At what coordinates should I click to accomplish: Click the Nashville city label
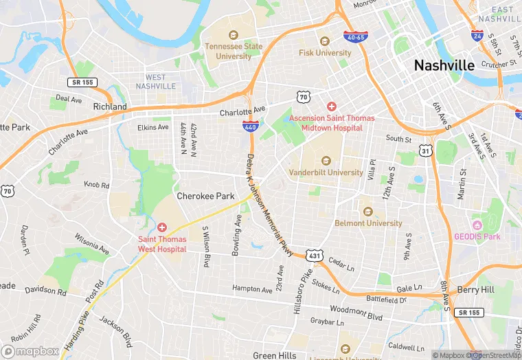point(444,65)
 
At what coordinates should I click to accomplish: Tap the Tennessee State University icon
point(234,34)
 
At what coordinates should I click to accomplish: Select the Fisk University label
point(325,52)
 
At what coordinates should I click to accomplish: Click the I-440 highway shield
point(251,126)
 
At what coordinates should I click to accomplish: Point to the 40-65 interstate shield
point(356,36)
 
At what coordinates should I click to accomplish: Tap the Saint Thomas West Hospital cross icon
point(162,227)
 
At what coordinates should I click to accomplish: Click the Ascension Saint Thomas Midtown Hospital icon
point(332,106)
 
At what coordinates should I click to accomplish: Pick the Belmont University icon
point(367,212)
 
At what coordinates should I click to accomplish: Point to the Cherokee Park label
point(205,196)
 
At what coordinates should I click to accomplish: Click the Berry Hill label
point(476,291)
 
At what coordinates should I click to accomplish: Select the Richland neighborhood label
point(110,107)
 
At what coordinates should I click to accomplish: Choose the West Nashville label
point(155,82)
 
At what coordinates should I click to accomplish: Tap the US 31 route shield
point(426,151)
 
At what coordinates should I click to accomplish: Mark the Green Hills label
point(275,355)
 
